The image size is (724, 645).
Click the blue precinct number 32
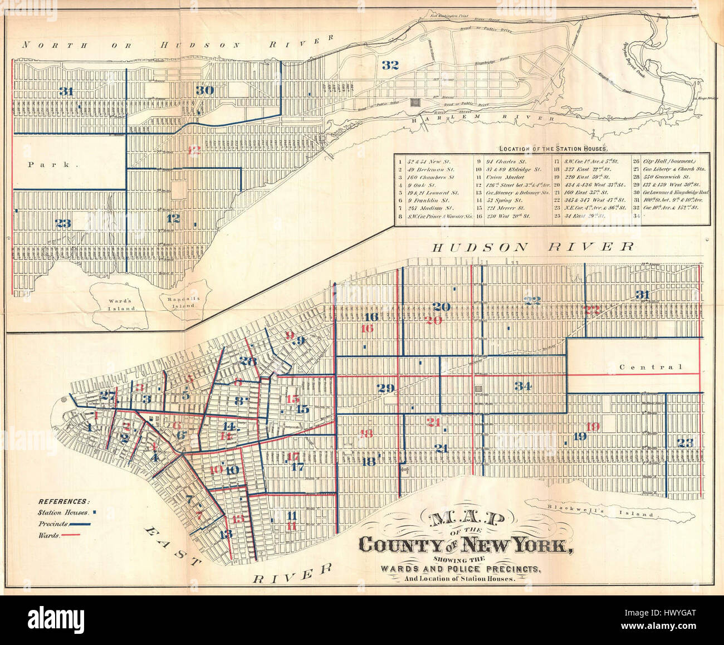point(391,65)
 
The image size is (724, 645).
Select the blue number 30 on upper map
point(204,90)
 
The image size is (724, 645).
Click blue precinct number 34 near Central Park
point(524,386)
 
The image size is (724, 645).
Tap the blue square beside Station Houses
point(95,512)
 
